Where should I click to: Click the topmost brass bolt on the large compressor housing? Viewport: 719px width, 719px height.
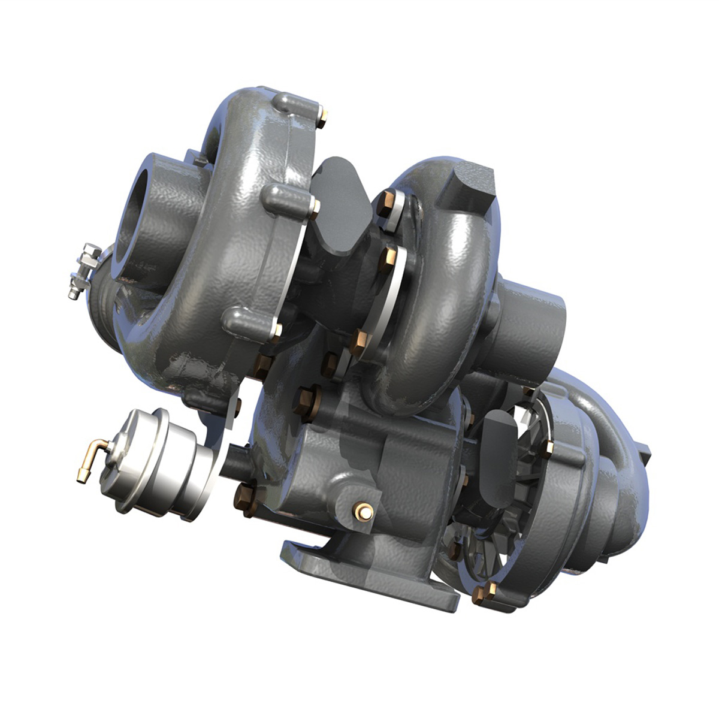pyautogui.click(x=322, y=117)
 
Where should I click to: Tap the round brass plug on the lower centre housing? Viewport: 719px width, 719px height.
pyautogui.click(x=363, y=511)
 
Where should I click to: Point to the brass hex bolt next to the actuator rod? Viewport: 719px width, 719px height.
pyautogui.click(x=245, y=498)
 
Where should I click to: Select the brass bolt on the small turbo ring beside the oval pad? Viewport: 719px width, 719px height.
pyautogui.click(x=547, y=448)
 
